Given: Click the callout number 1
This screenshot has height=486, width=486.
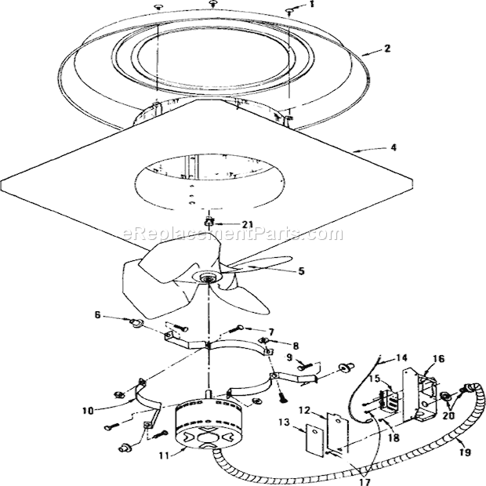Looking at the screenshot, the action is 311,5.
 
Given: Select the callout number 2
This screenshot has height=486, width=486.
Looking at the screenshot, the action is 386,49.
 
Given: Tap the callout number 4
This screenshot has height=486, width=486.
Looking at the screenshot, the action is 394,147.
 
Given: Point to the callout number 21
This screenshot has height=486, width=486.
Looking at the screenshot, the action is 247,224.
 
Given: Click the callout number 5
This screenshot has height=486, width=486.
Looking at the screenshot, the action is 301,271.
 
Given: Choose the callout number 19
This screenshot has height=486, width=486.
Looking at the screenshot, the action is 466,452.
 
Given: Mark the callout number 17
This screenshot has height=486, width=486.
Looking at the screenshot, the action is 365,482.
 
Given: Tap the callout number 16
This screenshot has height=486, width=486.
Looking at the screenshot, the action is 439,359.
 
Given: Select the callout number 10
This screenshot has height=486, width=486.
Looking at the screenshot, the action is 88,411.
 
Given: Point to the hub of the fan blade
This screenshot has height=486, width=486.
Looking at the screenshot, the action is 206,277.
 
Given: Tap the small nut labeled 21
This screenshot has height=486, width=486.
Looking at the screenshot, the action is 209,222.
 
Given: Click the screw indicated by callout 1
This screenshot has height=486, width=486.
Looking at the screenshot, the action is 289,13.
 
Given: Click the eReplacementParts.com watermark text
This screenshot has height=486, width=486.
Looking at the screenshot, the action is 233,234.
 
